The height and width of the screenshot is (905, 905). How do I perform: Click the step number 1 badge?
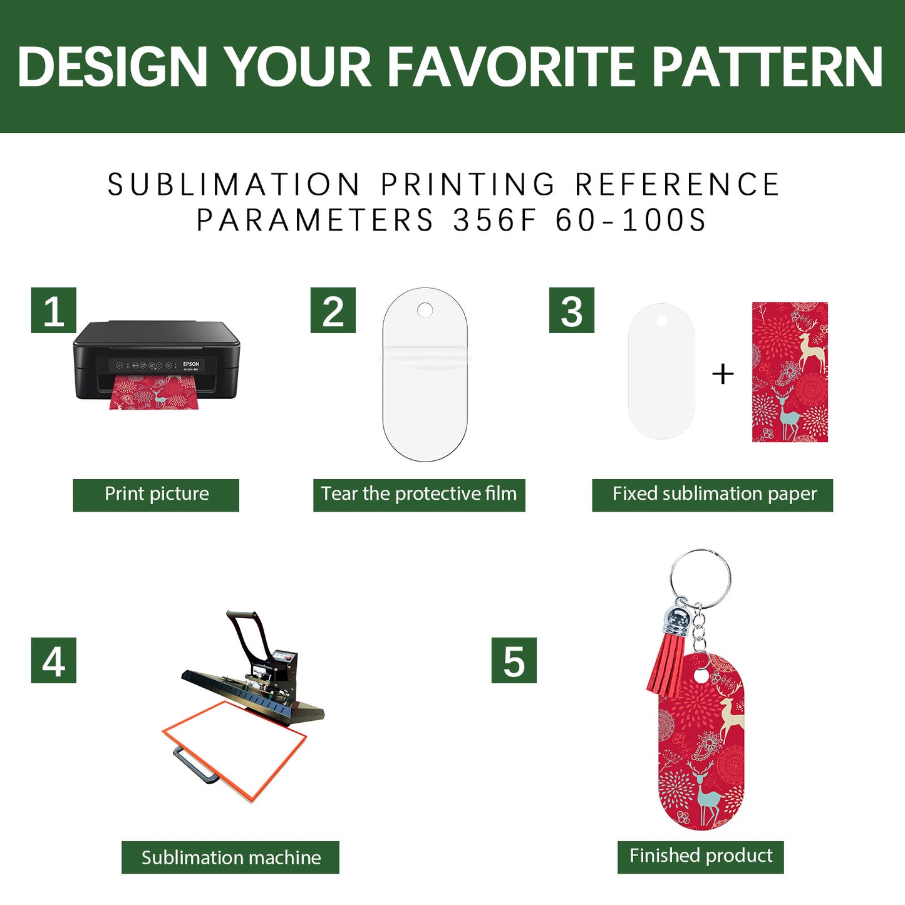pyautogui.click(x=54, y=311)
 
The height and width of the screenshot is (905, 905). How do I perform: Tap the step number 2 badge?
pyautogui.click(x=333, y=311)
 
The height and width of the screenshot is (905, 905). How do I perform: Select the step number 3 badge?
pyautogui.click(x=572, y=311)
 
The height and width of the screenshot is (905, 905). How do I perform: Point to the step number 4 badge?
pyautogui.click(x=54, y=660)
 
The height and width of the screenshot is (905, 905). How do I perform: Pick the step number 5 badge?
pyautogui.click(x=514, y=660)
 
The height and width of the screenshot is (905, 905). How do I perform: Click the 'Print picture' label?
pyautogui.click(x=156, y=495)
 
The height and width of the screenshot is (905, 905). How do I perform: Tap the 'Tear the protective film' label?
pyautogui.click(x=419, y=495)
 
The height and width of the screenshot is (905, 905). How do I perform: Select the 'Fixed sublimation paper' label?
pyautogui.click(x=713, y=495)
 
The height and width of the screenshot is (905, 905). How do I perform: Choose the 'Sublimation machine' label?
pyautogui.click(x=230, y=857)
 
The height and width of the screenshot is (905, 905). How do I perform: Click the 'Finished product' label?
pyautogui.click(x=701, y=856)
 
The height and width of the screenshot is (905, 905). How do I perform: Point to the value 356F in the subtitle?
pyautogui.click(x=495, y=220)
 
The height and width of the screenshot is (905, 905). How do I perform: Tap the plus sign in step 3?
pyautogui.click(x=723, y=374)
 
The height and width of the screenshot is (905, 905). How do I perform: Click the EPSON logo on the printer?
pyautogui.click(x=191, y=364)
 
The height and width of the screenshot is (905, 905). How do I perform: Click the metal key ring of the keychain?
pyautogui.click(x=700, y=576)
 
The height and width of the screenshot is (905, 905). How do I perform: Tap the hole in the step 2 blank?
pyautogui.click(x=425, y=310)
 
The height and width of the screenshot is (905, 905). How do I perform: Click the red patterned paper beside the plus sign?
pyautogui.click(x=790, y=372)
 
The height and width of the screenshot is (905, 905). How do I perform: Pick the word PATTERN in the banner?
pyautogui.click(x=767, y=67)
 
